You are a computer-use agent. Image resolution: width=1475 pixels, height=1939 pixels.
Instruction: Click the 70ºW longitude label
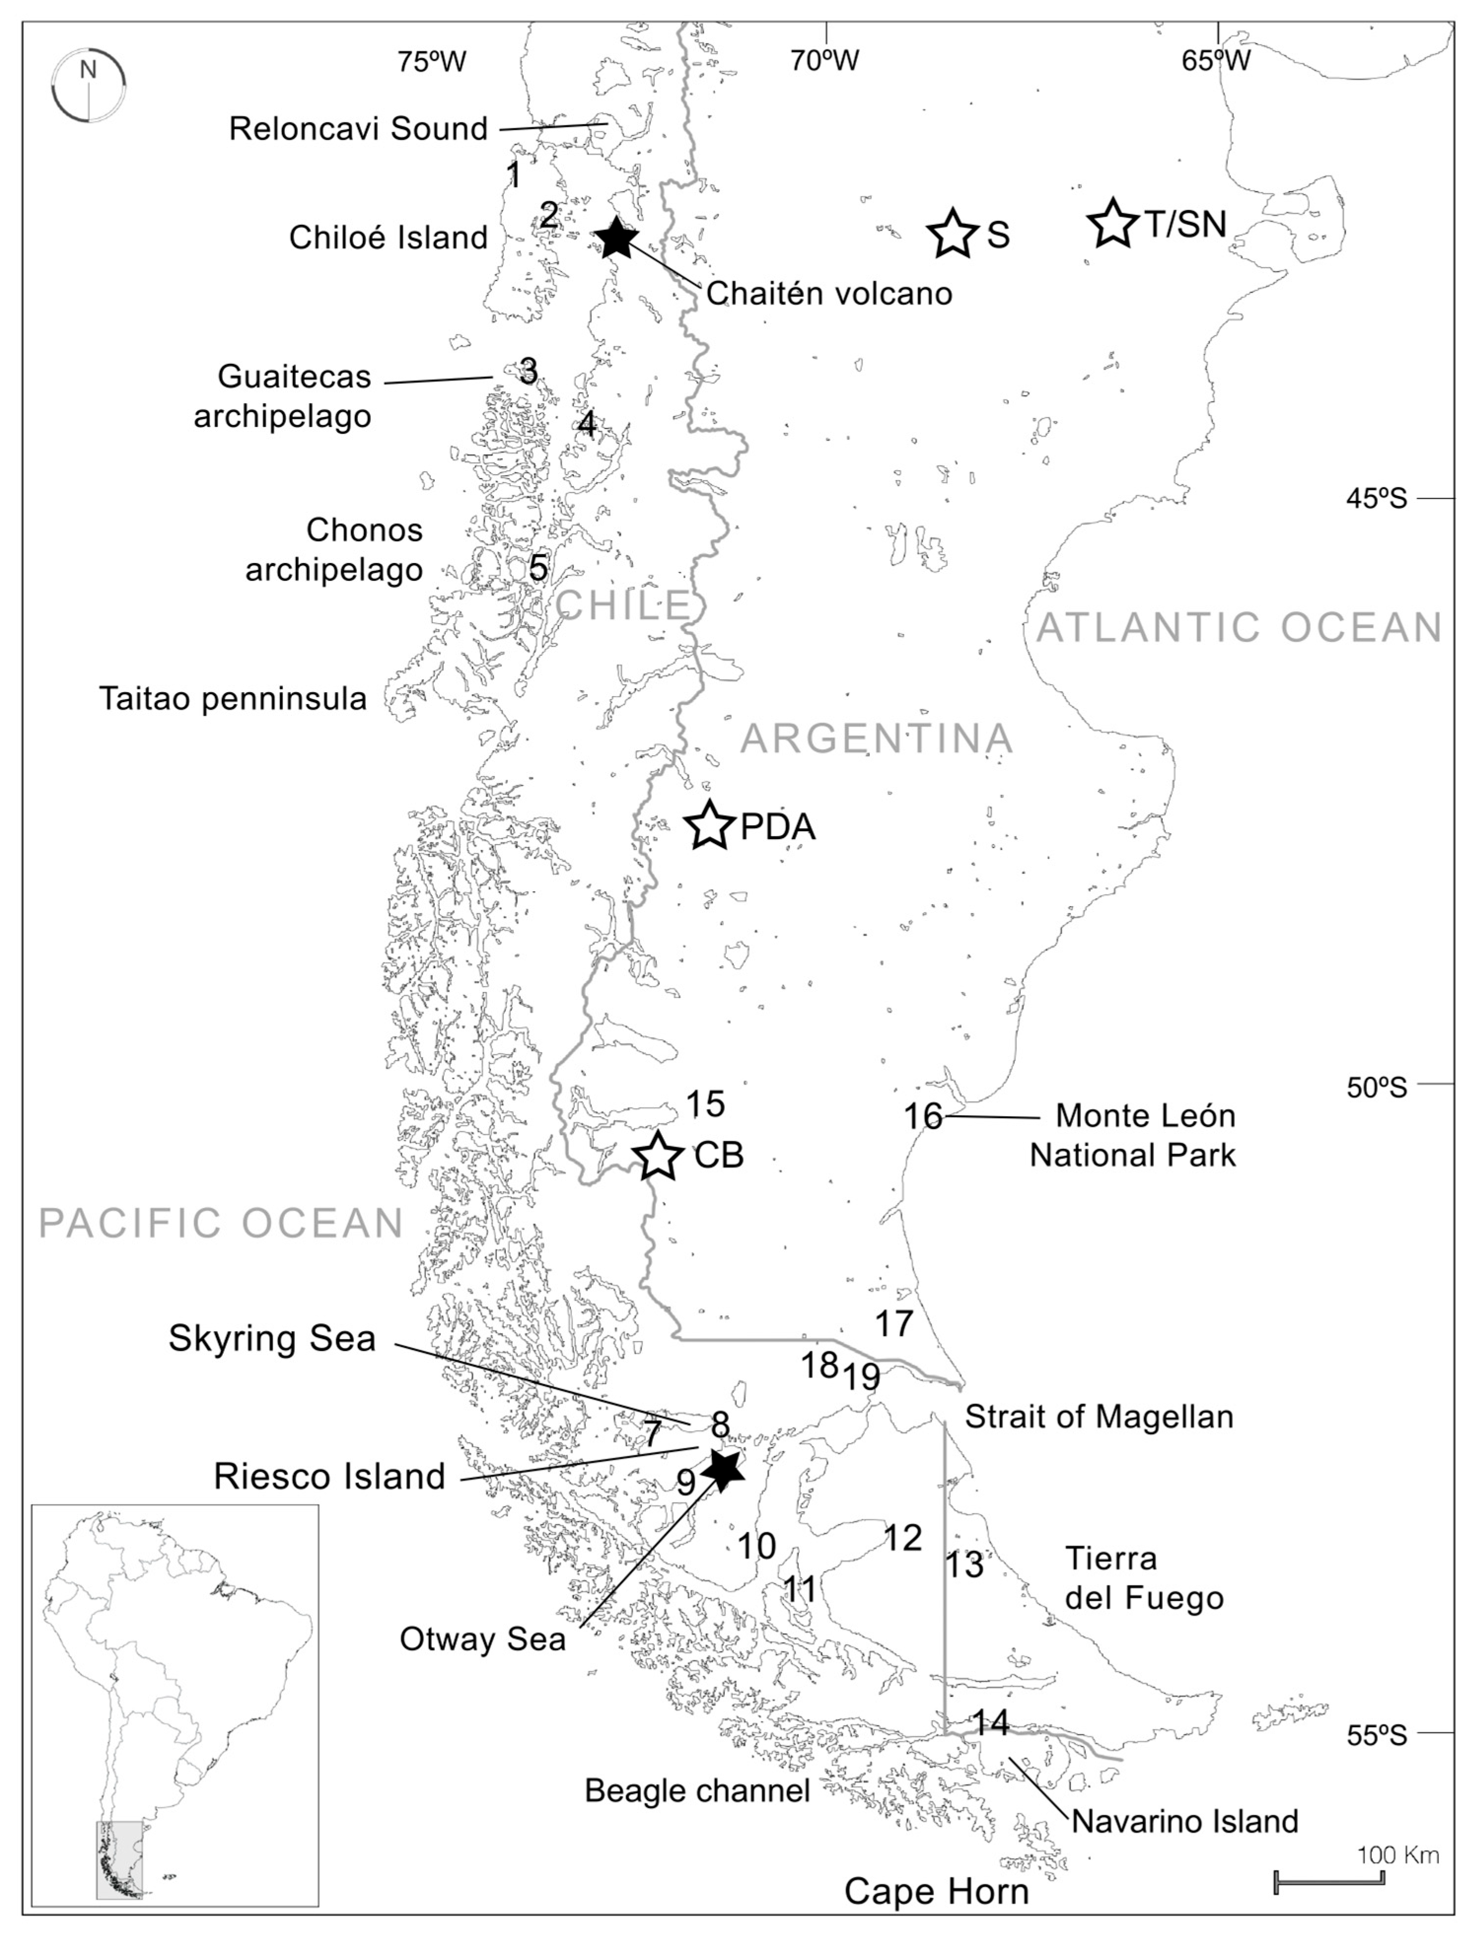824,61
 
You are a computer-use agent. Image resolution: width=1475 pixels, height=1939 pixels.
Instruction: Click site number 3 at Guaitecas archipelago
527,371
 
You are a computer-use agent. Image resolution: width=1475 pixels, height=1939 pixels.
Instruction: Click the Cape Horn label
936,1891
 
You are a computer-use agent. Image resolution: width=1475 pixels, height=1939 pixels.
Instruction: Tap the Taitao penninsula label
233,699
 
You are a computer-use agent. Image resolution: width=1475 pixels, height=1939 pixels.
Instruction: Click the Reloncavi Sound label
358,129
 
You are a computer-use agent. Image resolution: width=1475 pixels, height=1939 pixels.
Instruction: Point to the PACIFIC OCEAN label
221,1223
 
